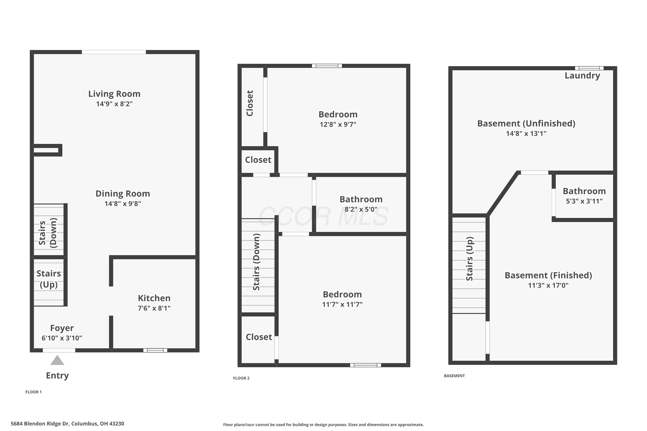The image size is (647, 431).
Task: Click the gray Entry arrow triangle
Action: point(57,360)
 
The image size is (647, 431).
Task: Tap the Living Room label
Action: point(114,94)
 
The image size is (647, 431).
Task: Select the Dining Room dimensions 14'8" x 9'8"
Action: point(123,204)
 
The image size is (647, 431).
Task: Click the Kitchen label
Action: point(154,298)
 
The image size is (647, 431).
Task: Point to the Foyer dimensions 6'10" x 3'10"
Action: point(62,338)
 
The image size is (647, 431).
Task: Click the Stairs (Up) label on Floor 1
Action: point(49,279)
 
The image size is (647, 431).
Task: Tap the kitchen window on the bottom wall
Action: point(155,350)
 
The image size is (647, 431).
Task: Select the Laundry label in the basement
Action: point(582,76)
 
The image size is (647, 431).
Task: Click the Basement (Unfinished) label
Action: point(526,123)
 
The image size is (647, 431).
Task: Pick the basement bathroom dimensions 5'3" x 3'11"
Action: point(584,201)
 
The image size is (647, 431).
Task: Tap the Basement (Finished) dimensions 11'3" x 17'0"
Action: point(548,285)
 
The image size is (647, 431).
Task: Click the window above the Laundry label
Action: point(589,68)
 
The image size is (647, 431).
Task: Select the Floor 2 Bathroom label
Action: point(361,199)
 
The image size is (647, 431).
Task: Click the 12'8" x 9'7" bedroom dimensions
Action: point(338,125)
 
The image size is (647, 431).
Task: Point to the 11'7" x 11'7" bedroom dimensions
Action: point(342,305)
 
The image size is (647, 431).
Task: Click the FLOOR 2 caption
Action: point(241,378)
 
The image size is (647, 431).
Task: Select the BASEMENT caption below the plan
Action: point(454,376)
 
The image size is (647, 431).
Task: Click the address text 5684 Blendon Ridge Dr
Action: point(40,424)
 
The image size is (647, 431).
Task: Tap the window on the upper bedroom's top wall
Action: point(327,66)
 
